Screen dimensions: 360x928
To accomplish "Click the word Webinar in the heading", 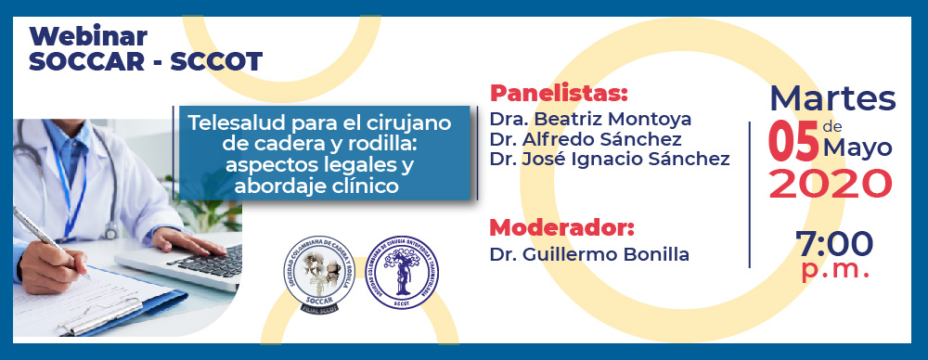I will [x=88, y=37].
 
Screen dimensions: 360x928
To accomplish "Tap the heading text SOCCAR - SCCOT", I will [x=146, y=62].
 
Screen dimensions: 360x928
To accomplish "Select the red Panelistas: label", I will [x=559, y=94].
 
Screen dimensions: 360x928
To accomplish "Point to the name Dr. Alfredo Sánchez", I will [x=586, y=139].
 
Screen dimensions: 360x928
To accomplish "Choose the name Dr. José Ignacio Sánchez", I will [x=609, y=159].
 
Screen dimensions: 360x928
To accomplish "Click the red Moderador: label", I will [x=562, y=227].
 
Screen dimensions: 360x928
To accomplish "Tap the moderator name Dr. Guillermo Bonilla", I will [x=589, y=253].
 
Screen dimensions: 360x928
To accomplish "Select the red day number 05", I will [x=793, y=144].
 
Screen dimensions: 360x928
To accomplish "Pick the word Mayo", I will [x=858, y=148].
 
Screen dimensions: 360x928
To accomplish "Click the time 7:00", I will [x=834, y=244].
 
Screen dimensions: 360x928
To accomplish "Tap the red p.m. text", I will [x=835, y=270].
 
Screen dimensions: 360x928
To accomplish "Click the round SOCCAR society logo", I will [x=317, y=272].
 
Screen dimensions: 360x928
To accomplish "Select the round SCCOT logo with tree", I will [x=402, y=273].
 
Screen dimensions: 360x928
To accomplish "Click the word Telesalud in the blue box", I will [x=228, y=122].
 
